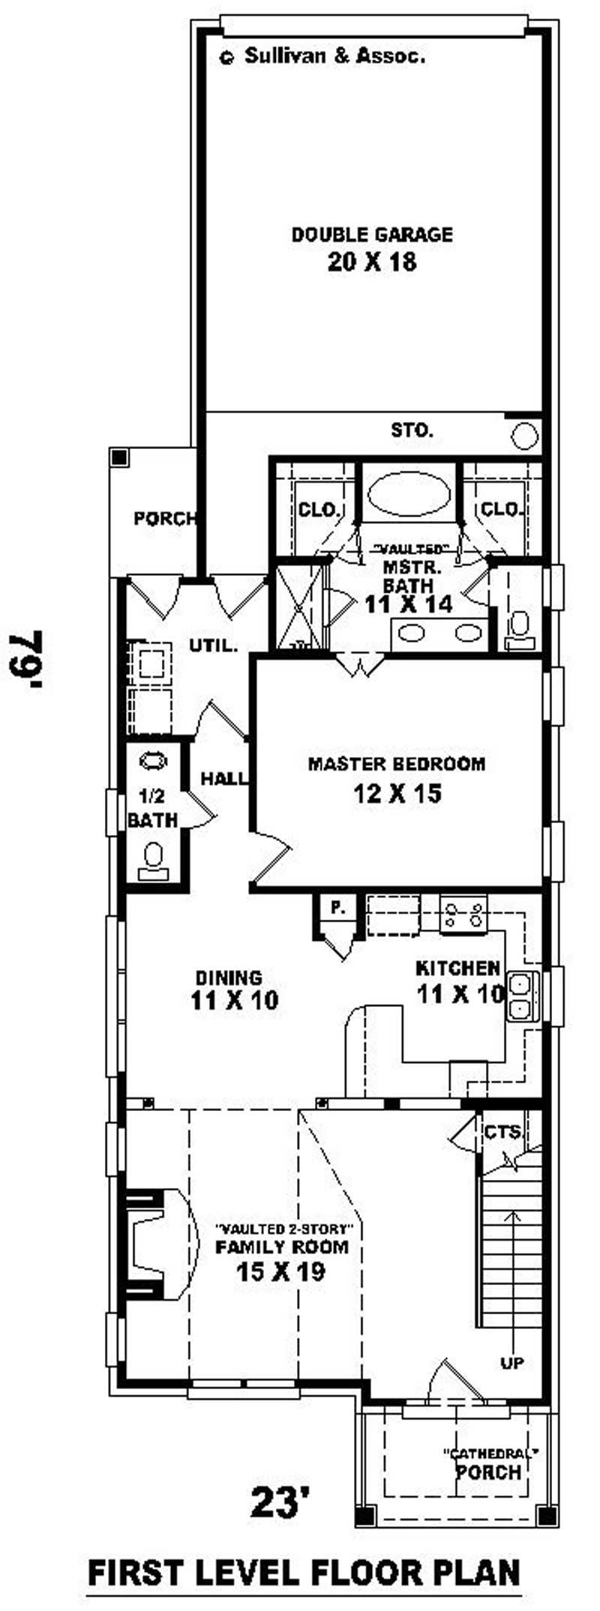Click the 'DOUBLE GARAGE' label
(x=372, y=235)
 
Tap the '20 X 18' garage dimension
(x=372, y=262)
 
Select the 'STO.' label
(x=412, y=430)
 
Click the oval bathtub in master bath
(x=409, y=496)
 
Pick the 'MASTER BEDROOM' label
(x=397, y=764)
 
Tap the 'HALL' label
(x=223, y=779)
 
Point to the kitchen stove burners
(x=463, y=915)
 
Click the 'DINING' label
(x=229, y=978)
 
